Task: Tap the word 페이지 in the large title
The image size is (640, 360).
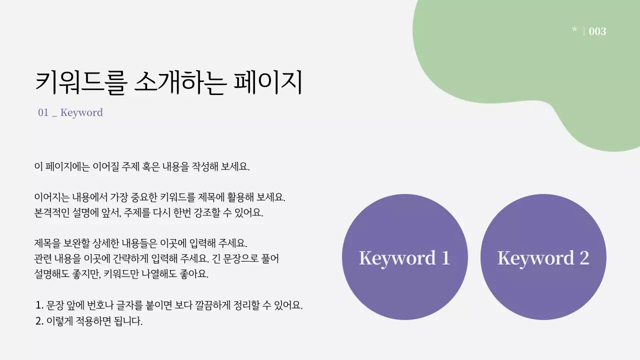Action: click(x=268, y=82)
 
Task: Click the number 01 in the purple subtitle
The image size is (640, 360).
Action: click(x=43, y=112)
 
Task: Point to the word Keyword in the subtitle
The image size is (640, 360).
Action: click(x=81, y=112)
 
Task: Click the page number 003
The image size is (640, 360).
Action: click(x=597, y=31)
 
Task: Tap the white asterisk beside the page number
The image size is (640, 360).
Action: click(x=574, y=30)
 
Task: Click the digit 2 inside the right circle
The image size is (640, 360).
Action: click(x=584, y=258)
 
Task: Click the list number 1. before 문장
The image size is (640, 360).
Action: click(x=40, y=305)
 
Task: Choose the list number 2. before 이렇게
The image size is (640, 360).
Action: click(x=40, y=321)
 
